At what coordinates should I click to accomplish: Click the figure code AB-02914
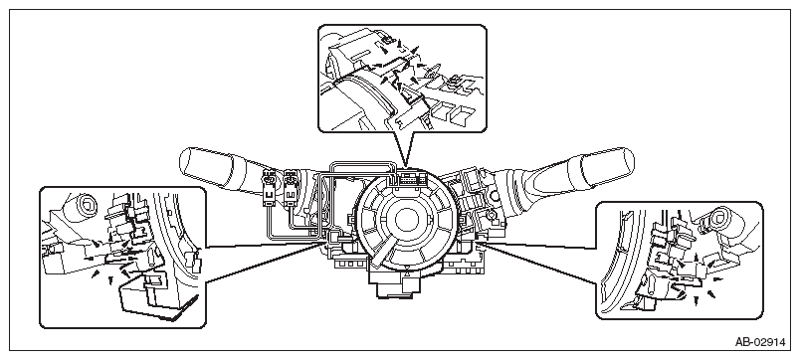[x=759, y=342]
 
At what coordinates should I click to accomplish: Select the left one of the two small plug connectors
[x=269, y=189]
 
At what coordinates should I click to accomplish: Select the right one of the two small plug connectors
[x=291, y=189]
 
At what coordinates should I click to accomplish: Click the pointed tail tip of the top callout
[x=404, y=167]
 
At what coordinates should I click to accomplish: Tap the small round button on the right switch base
[x=494, y=196]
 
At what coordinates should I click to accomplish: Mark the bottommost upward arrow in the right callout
[x=696, y=302]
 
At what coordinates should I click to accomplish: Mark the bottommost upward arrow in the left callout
[x=111, y=280]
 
